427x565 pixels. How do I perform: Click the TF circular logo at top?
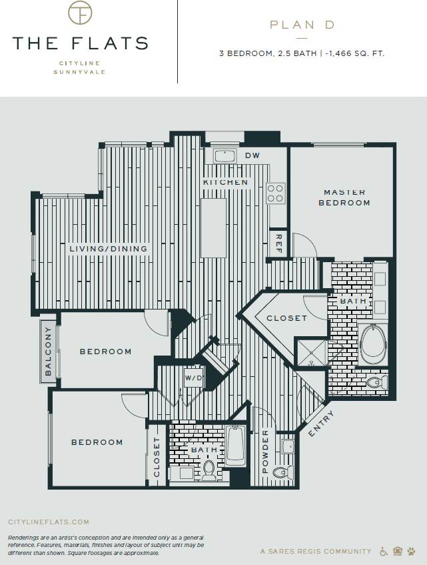(x=80, y=13)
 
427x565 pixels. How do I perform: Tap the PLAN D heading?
(x=301, y=25)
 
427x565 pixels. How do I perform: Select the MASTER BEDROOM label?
(x=344, y=197)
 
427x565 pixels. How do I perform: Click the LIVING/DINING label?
(x=108, y=249)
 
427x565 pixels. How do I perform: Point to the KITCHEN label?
(x=226, y=182)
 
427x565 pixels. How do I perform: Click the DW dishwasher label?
(x=252, y=155)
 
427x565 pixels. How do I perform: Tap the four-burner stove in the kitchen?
(x=276, y=193)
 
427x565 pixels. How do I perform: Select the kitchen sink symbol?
(x=225, y=156)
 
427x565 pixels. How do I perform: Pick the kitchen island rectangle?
(x=214, y=227)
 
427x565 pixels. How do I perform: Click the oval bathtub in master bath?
(x=373, y=344)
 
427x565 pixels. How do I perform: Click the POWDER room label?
(x=264, y=452)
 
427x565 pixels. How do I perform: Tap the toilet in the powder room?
(x=283, y=472)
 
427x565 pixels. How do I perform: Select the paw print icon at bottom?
(x=411, y=551)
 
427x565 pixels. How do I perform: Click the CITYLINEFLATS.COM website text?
(x=48, y=522)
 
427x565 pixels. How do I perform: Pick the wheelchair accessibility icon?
(x=384, y=551)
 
